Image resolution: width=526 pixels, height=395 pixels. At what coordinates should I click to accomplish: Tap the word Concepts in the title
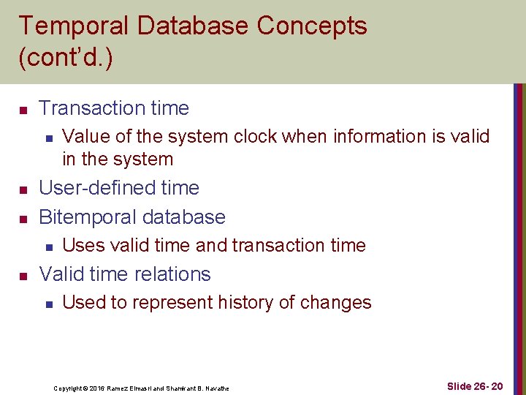311,26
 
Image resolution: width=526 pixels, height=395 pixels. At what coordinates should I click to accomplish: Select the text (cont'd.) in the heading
66,59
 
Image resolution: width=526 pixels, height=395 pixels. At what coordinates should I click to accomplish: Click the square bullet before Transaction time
23,110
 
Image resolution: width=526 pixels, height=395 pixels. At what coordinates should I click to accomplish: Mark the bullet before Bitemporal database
23,219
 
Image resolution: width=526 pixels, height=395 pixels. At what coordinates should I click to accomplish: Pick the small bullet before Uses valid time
47,247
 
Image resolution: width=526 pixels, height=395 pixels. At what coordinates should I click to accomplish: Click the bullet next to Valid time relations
23,276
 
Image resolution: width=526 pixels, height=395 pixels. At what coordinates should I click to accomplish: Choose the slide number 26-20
484,386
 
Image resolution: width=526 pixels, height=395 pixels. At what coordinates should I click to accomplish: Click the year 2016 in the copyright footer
97,388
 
